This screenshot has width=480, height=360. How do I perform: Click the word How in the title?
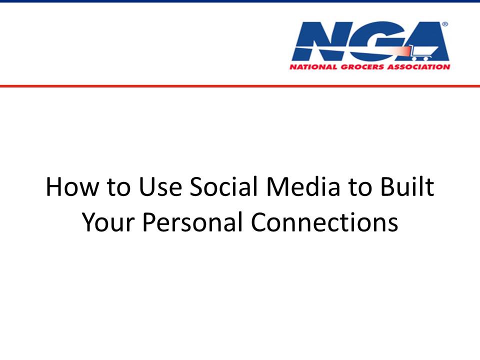tap(72, 186)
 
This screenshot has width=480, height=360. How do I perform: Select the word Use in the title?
tap(160, 186)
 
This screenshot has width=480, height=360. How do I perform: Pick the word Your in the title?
tap(108, 222)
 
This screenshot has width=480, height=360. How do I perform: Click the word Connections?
tap(324, 222)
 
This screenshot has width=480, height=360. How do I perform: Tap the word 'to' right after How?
tap(119, 187)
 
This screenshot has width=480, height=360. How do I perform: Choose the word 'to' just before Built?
tap(360, 187)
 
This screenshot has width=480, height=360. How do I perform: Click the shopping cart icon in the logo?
tap(423, 52)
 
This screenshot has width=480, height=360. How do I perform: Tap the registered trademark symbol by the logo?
tap(445, 24)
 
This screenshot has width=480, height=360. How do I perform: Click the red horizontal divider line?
tap(240, 86)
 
